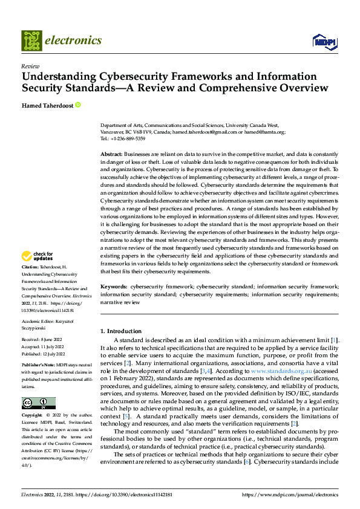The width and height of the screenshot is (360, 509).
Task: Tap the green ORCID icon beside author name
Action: (x=78, y=105)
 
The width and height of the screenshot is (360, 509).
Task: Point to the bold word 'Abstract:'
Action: (x=112, y=154)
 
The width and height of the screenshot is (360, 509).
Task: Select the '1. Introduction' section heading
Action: (x=121, y=331)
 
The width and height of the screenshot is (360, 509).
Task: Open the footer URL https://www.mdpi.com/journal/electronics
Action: (x=290, y=494)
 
